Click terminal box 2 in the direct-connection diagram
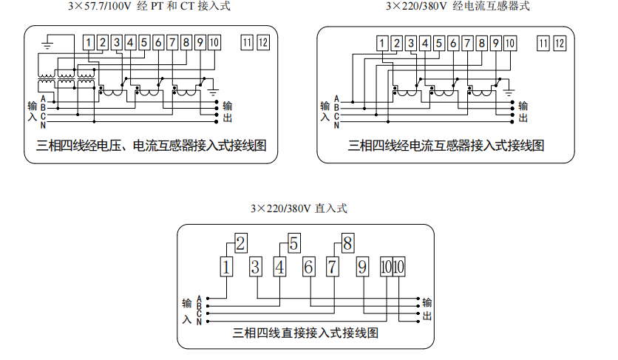(x=240, y=242)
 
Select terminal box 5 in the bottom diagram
(x=293, y=242)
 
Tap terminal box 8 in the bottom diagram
(x=347, y=242)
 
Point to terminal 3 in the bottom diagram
(x=254, y=267)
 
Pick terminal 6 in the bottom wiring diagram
(x=308, y=267)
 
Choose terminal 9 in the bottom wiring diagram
(x=361, y=267)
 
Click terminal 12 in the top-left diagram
(x=263, y=42)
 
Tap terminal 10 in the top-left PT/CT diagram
(x=214, y=42)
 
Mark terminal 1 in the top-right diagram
(x=382, y=42)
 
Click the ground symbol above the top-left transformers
(x=47, y=44)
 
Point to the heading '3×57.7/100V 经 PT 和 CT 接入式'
(x=149, y=7)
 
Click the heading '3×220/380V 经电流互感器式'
(x=458, y=7)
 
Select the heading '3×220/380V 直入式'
(x=299, y=208)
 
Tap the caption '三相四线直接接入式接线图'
(x=305, y=333)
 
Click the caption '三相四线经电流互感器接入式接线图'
(x=446, y=145)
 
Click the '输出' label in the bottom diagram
(x=428, y=309)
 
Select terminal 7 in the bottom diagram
(x=333, y=267)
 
